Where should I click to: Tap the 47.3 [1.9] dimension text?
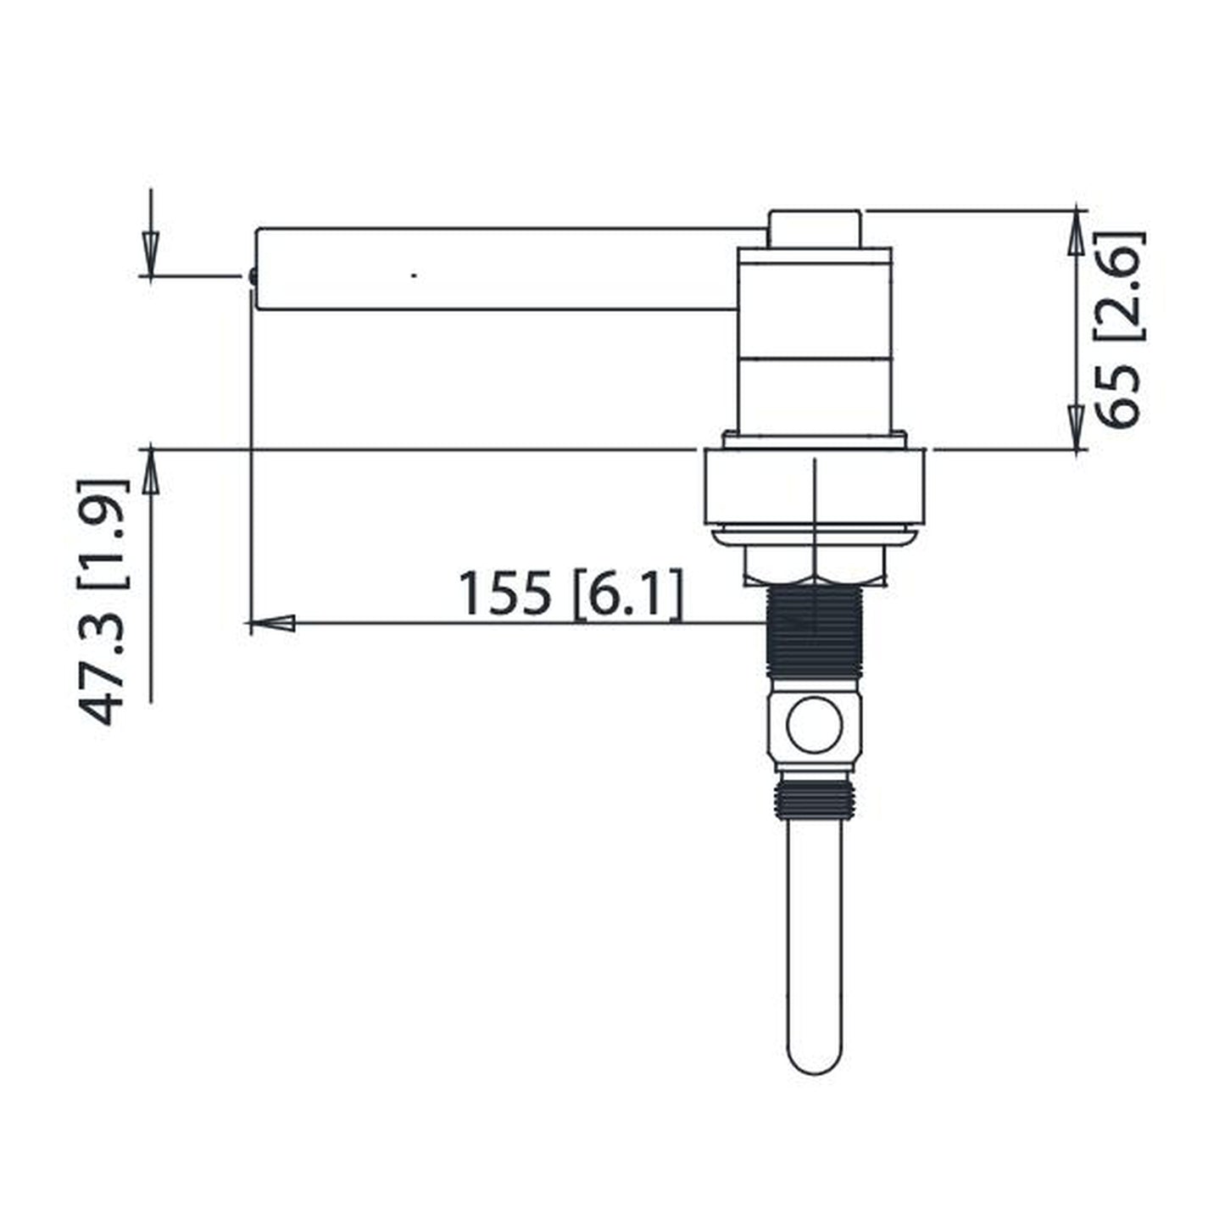click(103, 602)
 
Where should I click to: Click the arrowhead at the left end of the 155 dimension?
click(273, 624)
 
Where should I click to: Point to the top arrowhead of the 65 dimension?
click(1076, 231)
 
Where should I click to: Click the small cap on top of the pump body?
click(814, 229)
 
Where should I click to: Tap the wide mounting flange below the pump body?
click(814, 487)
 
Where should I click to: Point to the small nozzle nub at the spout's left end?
click(253, 276)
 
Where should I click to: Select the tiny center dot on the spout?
click(414, 276)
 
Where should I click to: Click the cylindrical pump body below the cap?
click(814, 339)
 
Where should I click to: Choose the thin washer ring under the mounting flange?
click(814, 536)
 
